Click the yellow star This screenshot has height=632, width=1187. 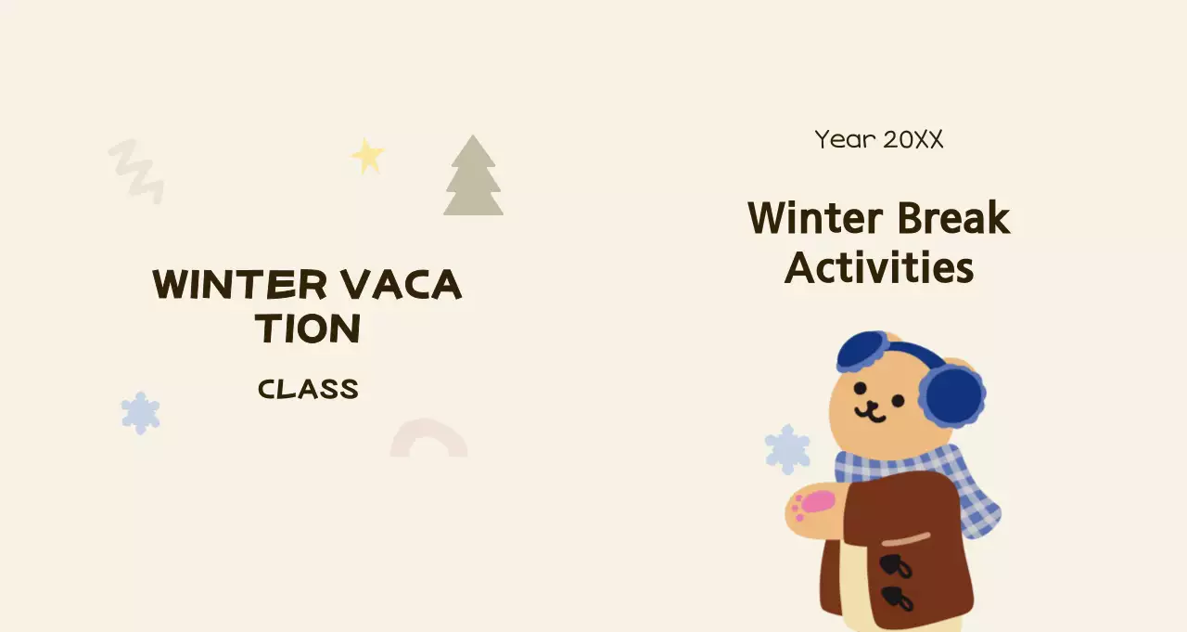coord(367,156)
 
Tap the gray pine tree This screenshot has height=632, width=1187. coord(473,181)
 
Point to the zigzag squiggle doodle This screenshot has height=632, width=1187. coord(137,171)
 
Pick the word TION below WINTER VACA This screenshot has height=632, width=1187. coord(308,329)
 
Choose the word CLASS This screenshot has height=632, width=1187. coord(308,389)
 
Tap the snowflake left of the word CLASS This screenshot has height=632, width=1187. coord(140,412)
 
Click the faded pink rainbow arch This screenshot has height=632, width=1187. coord(428,439)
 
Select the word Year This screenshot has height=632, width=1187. coord(845,140)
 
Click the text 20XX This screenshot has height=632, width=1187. coord(913,140)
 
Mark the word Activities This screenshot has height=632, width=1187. coord(879,268)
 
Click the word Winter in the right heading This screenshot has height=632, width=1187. coord(814,219)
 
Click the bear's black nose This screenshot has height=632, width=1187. coord(873,405)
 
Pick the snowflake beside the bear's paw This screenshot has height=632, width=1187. coord(787,449)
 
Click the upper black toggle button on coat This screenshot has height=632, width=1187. coord(895,565)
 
